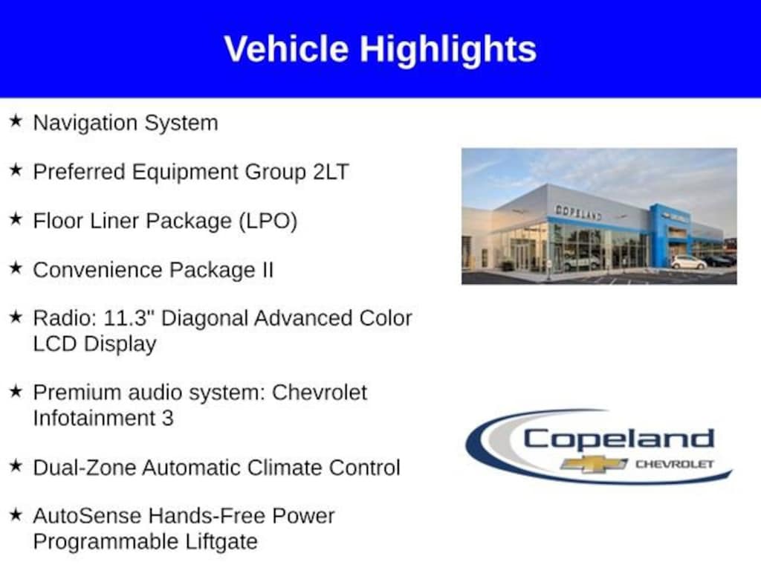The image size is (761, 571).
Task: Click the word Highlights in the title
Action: pos(448,50)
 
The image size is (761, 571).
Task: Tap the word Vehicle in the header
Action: pos(286,48)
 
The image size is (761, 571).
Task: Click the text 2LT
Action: pos(331,172)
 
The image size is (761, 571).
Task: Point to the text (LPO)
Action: pos(268,222)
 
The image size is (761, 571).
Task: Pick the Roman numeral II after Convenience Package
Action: pos(268,270)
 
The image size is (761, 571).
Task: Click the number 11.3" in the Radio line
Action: pos(129,318)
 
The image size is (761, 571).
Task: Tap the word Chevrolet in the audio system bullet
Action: pos(320,393)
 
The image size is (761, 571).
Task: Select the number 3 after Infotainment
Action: pos(167,418)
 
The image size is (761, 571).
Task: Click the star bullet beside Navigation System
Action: pos(16,121)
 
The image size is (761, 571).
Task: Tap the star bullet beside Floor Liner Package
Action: pos(16,219)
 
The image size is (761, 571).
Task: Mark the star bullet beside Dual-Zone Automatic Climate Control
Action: pos(16,465)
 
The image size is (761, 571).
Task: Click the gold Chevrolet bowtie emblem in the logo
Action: pos(594,464)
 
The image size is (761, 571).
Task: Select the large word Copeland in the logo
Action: pos(618,439)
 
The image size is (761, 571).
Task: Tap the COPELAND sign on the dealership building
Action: pos(578,213)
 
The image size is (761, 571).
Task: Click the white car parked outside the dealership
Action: pos(689,262)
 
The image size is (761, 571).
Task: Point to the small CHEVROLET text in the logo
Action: pos(675,464)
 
